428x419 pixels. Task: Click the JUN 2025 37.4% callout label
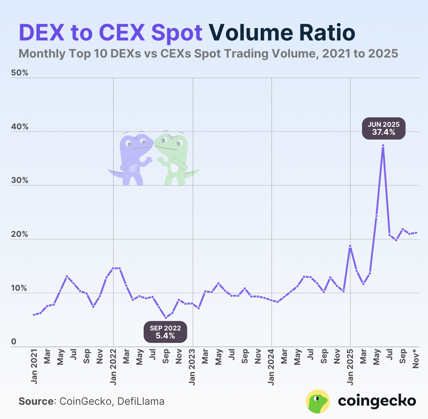pyautogui.click(x=384, y=129)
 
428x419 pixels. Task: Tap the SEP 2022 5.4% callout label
pyautogui.click(x=165, y=332)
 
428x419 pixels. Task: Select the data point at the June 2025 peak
pyautogui.click(x=383, y=145)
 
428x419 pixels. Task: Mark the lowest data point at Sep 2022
pyautogui.click(x=166, y=318)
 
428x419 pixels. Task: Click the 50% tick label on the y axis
pyautogui.click(x=20, y=73)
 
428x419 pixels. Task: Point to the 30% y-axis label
pyautogui.click(x=20, y=180)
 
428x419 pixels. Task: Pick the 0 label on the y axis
pyautogui.click(x=14, y=342)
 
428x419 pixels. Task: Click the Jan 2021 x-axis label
pyautogui.click(x=34, y=367)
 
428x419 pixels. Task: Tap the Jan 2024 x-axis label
pyautogui.click(x=271, y=367)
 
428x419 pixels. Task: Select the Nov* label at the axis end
pyautogui.click(x=416, y=359)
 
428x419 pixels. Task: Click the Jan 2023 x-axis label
pyautogui.click(x=192, y=367)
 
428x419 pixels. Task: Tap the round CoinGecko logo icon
pyautogui.click(x=318, y=401)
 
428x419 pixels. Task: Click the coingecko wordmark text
pyautogui.click(x=377, y=401)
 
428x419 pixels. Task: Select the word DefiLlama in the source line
pyautogui.click(x=141, y=402)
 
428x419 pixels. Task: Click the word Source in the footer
pyautogui.click(x=36, y=402)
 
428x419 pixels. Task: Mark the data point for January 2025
pyautogui.click(x=350, y=246)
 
